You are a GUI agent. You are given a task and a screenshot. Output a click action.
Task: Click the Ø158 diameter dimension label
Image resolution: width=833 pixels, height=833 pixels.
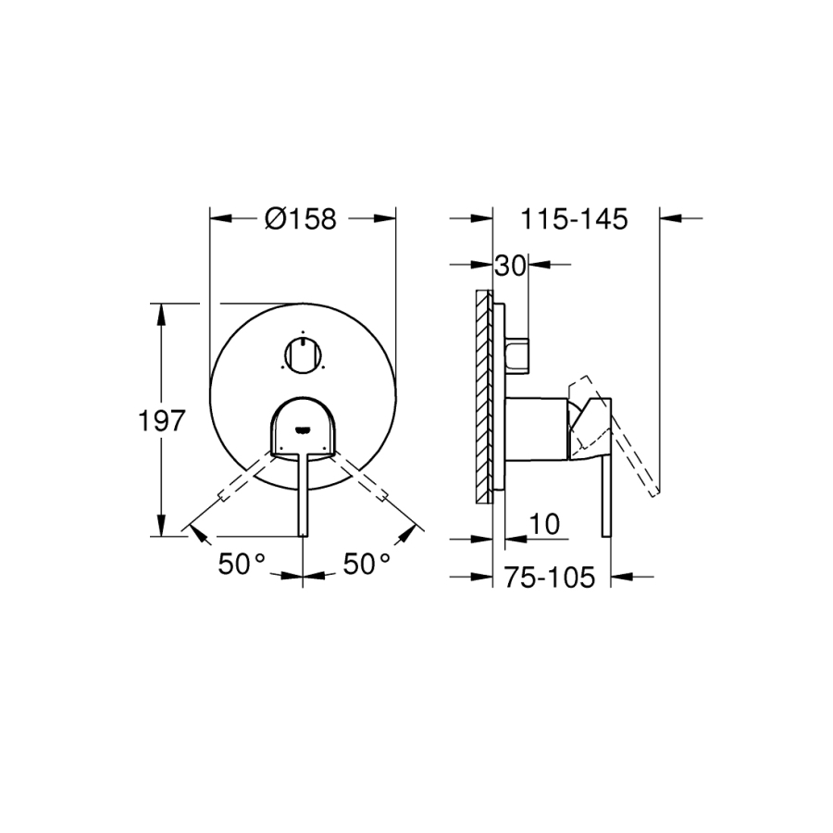(301, 218)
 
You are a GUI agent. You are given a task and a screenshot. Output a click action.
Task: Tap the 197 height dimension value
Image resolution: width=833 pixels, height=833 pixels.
(161, 421)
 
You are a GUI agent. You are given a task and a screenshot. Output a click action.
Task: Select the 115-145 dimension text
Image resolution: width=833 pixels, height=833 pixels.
(574, 218)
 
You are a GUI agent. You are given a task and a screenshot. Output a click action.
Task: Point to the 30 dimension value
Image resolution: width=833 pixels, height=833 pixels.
(510, 265)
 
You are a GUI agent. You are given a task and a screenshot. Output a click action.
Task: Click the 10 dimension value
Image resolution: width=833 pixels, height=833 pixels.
(544, 525)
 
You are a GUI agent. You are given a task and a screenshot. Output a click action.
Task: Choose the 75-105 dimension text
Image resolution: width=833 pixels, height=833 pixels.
(550, 577)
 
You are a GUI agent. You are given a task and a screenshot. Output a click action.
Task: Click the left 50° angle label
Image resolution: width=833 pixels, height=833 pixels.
(242, 564)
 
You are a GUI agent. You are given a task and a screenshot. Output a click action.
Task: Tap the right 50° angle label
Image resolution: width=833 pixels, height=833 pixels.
(367, 564)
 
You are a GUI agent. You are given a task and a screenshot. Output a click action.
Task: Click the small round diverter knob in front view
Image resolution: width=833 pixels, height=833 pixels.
(303, 354)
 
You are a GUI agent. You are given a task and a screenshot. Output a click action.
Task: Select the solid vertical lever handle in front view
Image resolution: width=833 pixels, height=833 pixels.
(303, 495)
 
